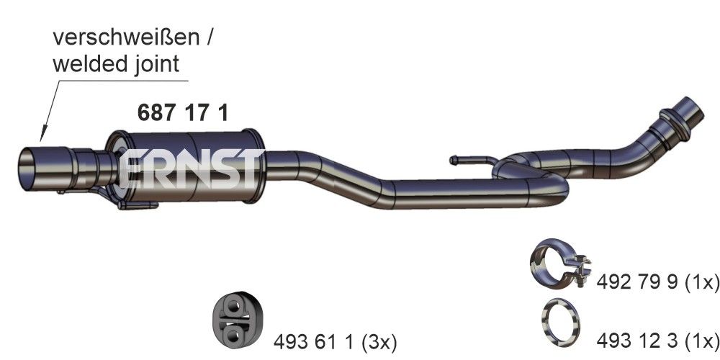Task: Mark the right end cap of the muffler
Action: [x=254, y=165]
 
